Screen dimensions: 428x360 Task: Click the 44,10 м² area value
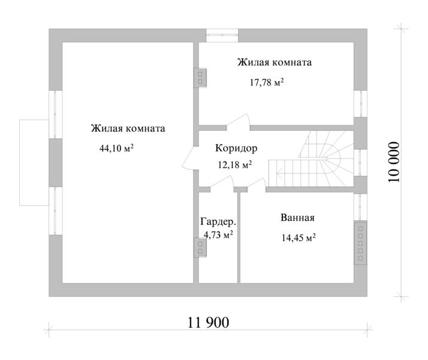pyautogui.click(x=116, y=148)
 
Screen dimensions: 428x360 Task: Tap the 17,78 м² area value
pyautogui.click(x=267, y=82)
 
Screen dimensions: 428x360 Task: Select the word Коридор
pyautogui.click(x=236, y=148)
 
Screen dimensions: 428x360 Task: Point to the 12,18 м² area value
pyautogui.click(x=235, y=165)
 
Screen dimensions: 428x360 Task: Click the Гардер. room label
pyautogui.click(x=218, y=222)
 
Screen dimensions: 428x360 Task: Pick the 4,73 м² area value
pyautogui.click(x=218, y=235)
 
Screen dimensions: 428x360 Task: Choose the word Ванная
pyautogui.click(x=297, y=218)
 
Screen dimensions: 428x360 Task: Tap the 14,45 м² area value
pyautogui.click(x=299, y=238)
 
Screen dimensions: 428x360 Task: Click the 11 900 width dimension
pyautogui.click(x=208, y=323)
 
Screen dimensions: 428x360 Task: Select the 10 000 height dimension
pyautogui.click(x=394, y=162)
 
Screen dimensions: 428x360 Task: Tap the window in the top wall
pyautogui.click(x=222, y=35)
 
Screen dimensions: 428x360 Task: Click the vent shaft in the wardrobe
pyautogui.click(x=200, y=247)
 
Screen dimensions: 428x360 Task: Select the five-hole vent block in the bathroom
pyautogui.click(x=360, y=243)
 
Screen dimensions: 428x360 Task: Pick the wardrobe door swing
pyautogui.click(x=222, y=181)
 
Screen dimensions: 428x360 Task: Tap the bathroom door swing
pyautogui.click(x=257, y=182)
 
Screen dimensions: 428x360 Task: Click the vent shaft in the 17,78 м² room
pyautogui.click(x=200, y=78)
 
